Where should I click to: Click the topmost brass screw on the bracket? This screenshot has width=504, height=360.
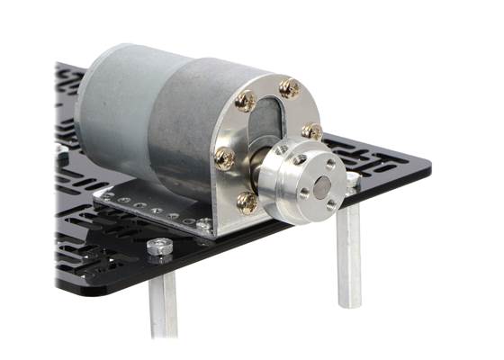point(290,88)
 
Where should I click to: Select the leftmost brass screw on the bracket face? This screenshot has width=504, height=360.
point(225,160)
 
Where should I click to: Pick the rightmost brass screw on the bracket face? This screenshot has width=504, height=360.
point(312,131)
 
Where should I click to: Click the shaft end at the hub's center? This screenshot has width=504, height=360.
point(321,190)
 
